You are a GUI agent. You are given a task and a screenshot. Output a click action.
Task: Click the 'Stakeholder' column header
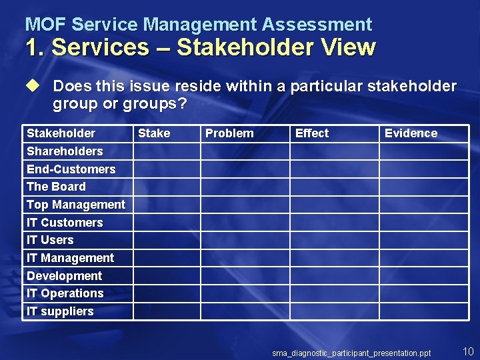pos(61,133)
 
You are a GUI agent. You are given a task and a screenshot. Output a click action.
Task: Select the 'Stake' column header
pos(154,133)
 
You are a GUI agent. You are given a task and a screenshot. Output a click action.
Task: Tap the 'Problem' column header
pos(229,133)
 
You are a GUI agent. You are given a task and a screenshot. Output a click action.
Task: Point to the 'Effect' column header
pos(312,133)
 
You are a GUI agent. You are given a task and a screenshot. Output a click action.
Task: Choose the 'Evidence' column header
pos(411,133)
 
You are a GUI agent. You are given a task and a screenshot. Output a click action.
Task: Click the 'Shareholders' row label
pos(65,151)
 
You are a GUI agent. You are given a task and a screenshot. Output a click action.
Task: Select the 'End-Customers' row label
pos(71,169)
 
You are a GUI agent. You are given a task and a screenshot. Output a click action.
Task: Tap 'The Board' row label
pos(56,187)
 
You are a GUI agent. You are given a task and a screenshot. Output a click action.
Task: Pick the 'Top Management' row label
pos(76,205)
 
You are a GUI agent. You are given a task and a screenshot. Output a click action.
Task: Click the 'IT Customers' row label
pos(65,223)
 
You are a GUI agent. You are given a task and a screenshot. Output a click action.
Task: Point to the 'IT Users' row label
pos(50,240)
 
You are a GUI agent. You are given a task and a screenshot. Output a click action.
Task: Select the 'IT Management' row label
pos(70,258)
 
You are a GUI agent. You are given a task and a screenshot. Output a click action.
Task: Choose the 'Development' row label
pos(64,276)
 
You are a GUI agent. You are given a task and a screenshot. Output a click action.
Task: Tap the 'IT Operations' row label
pos(65,293)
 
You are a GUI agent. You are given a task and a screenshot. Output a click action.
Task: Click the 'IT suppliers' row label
pos(60,311)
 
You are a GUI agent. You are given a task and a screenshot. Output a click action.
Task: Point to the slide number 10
pos(467,351)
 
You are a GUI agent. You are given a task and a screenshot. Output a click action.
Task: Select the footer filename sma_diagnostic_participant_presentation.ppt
pos(351,353)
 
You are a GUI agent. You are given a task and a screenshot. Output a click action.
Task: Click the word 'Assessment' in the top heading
pos(317,25)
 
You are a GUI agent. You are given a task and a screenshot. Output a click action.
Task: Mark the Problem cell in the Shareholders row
pos(245,151)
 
